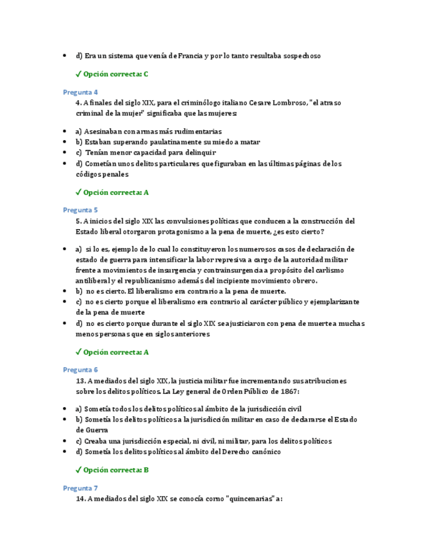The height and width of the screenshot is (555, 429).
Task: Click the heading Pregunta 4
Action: [80, 92]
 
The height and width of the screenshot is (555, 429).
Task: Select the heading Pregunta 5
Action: [80, 210]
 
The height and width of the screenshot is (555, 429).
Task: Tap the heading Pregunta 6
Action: [80, 370]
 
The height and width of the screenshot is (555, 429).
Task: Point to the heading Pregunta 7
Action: [80, 488]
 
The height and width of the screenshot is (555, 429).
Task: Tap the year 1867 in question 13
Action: [286, 391]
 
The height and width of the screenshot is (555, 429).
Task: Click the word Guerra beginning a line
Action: [88, 430]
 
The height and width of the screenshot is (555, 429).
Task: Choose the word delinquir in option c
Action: [179, 152]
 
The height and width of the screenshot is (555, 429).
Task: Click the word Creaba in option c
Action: [97, 441]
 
